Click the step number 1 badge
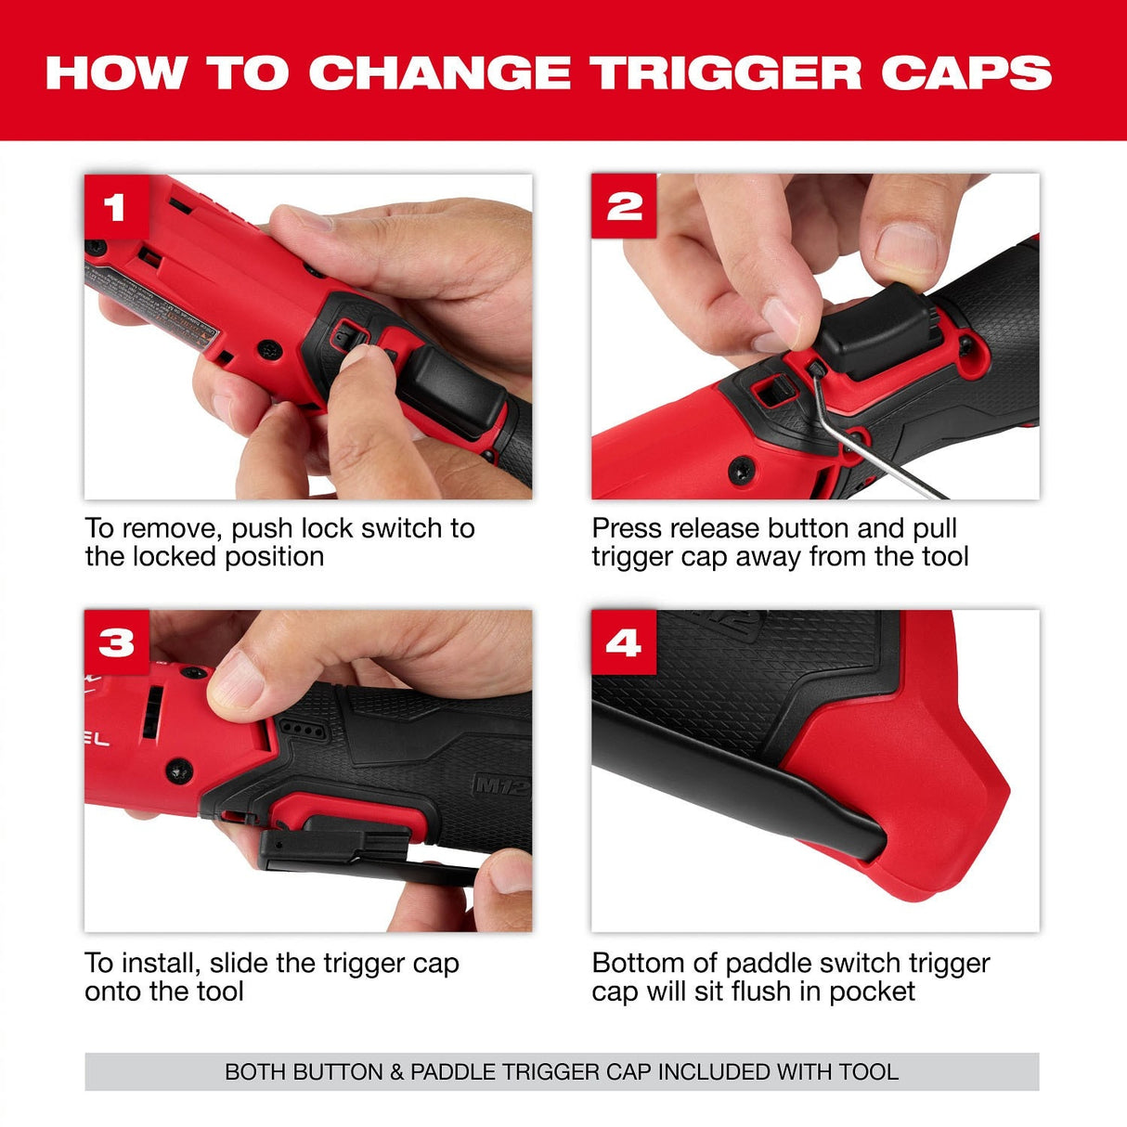[x=116, y=206]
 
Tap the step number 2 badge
[x=624, y=205]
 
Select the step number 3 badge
[x=116, y=641]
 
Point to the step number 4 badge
[x=623, y=641]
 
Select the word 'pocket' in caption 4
[x=872, y=991]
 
